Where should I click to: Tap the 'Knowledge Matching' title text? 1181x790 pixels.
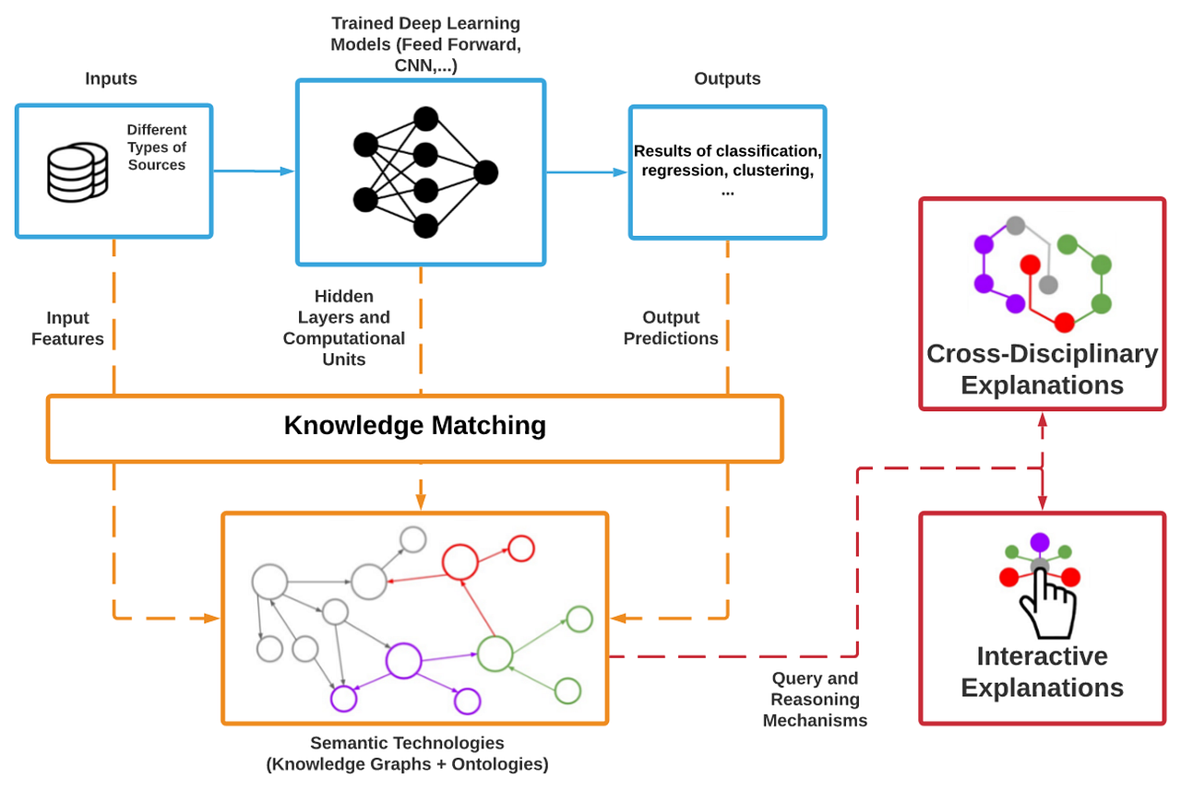coord(414,426)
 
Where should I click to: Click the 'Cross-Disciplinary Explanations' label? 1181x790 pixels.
coord(1042,369)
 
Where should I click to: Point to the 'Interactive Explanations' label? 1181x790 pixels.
coord(1042,672)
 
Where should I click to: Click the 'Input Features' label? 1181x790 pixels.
coord(67,328)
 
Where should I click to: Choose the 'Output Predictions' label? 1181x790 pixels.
coord(671,328)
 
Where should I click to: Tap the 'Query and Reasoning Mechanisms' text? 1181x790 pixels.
coord(815,700)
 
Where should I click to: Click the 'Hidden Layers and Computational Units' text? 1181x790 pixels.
coord(343,328)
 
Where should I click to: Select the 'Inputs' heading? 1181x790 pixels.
coord(111,79)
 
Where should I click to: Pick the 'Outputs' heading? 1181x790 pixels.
coord(727,79)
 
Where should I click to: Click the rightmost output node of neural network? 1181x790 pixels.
coord(485,172)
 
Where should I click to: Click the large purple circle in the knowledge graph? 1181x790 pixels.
coord(403,660)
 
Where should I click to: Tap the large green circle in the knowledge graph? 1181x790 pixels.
coord(495,654)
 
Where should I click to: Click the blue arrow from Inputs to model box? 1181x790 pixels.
coord(254,171)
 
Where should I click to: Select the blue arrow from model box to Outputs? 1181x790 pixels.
coord(587,171)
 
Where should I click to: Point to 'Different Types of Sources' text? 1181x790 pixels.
coord(157,147)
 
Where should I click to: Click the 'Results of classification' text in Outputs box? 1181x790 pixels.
coord(727,150)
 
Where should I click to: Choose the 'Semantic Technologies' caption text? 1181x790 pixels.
coord(407,743)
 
